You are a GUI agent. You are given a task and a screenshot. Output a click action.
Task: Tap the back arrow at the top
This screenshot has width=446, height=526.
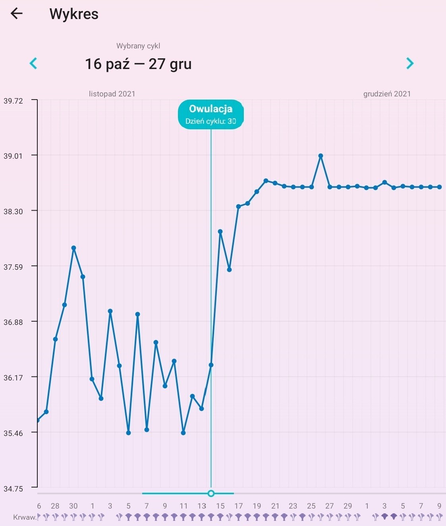click(x=17, y=14)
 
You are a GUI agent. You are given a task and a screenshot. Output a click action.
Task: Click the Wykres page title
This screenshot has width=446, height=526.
click(x=74, y=14)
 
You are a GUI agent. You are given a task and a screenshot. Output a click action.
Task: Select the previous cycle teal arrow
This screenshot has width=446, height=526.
click(x=33, y=63)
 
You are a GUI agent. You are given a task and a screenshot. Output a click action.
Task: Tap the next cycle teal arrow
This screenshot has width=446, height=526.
click(x=410, y=63)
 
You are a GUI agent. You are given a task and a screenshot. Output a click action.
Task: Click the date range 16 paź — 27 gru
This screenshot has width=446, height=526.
click(x=138, y=64)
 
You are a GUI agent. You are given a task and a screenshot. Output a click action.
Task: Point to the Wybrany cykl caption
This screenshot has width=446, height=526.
click(x=138, y=46)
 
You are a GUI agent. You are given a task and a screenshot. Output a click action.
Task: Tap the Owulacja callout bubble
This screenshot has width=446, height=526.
click(x=210, y=114)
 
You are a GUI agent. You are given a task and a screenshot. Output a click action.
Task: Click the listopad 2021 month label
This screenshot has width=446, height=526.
click(x=112, y=94)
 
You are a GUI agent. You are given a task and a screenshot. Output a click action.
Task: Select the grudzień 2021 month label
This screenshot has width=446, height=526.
click(x=387, y=94)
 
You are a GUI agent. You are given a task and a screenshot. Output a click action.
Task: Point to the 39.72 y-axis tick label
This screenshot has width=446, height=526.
click(x=14, y=101)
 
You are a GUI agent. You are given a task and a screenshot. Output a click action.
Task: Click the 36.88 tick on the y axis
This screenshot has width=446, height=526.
click(x=14, y=322)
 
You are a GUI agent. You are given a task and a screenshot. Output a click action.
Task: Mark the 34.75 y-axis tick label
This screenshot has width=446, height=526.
click(x=14, y=489)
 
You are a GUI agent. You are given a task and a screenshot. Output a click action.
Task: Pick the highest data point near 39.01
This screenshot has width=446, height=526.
click(x=321, y=156)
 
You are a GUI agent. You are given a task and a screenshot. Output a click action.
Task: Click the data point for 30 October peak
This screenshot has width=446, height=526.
click(x=73, y=248)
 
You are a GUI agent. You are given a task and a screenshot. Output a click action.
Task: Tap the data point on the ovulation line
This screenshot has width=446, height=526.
click(x=211, y=365)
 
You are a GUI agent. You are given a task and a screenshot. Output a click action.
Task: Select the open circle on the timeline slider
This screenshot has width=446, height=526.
click(x=211, y=493)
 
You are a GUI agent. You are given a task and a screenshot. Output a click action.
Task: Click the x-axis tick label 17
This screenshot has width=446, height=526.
click(x=238, y=506)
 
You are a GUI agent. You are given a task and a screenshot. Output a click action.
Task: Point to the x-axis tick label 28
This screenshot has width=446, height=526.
click(x=55, y=506)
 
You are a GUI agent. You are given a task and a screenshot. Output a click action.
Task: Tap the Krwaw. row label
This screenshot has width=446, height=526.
click(x=25, y=517)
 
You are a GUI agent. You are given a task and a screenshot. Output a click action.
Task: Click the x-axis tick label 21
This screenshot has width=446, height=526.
click(x=275, y=506)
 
